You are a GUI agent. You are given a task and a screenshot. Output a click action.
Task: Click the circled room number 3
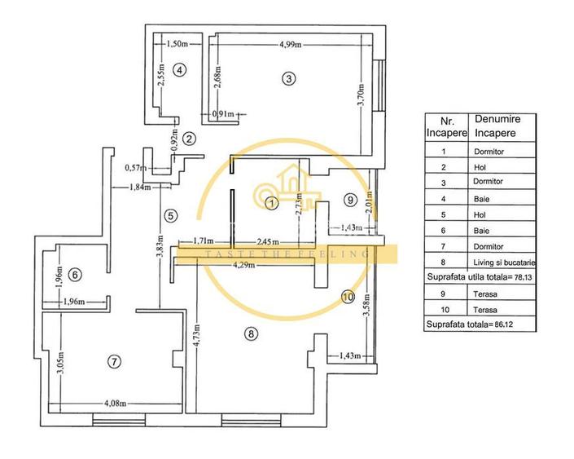[287, 78]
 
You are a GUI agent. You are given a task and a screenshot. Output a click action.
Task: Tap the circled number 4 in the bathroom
[181, 70]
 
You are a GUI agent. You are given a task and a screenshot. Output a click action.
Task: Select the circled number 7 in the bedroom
[114, 361]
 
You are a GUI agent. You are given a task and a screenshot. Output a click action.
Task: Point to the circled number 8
[251, 333]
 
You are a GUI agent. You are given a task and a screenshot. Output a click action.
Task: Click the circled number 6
[75, 275]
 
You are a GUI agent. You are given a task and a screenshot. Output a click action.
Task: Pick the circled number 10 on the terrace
[348, 297]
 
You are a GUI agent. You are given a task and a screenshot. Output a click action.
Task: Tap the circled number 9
[350, 199]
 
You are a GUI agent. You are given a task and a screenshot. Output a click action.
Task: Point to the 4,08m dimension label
[115, 401]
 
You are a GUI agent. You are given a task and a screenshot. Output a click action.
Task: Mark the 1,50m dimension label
[177, 44]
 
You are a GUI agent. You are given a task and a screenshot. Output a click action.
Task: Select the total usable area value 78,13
[519, 277]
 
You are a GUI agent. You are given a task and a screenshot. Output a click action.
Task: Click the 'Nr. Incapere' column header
[443, 126]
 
